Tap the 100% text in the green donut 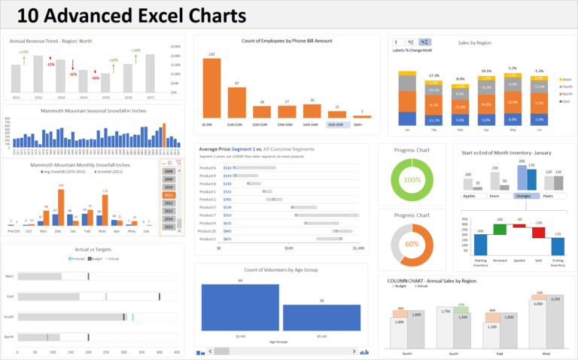(x=412, y=181)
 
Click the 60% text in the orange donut (x=412, y=243)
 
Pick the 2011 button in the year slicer (x=169, y=194)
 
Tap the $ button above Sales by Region (x=397, y=41)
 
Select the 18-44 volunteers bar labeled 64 (x=241, y=307)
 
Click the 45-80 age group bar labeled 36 (x=321, y=317)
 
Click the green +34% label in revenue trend (x=135, y=50)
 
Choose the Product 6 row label (x=207, y=168)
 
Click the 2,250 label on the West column (x=556, y=299)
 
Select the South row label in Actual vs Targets (x=9, y=316)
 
